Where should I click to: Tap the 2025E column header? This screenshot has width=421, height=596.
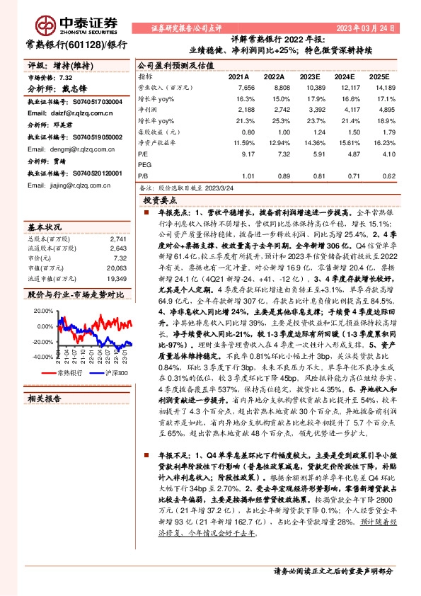click(x=380, y=76)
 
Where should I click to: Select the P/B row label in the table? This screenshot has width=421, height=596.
click(x=143, y=176)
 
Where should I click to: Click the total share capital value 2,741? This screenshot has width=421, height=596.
click(x=118, y=239)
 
